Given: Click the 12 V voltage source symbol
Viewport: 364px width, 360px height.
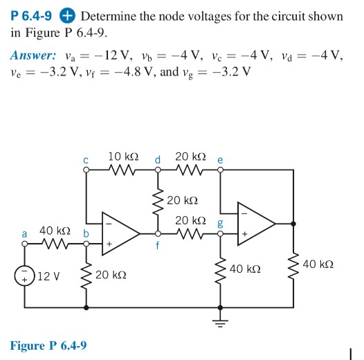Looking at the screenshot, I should point(26,276).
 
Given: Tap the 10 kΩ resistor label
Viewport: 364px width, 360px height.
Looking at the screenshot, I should point(124,157).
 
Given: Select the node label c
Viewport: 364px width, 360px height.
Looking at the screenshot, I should point(86,160).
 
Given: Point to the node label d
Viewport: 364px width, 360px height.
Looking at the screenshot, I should point(157,160).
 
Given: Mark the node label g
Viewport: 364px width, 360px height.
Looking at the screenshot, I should point(220,223).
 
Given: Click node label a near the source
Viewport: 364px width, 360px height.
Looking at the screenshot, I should point(25,235).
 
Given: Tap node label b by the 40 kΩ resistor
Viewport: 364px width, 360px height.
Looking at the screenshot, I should point(87,235).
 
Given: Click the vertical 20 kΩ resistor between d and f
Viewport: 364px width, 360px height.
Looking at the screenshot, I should point(157,201).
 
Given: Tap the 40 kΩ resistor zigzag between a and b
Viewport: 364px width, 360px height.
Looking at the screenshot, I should point(54,243).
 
